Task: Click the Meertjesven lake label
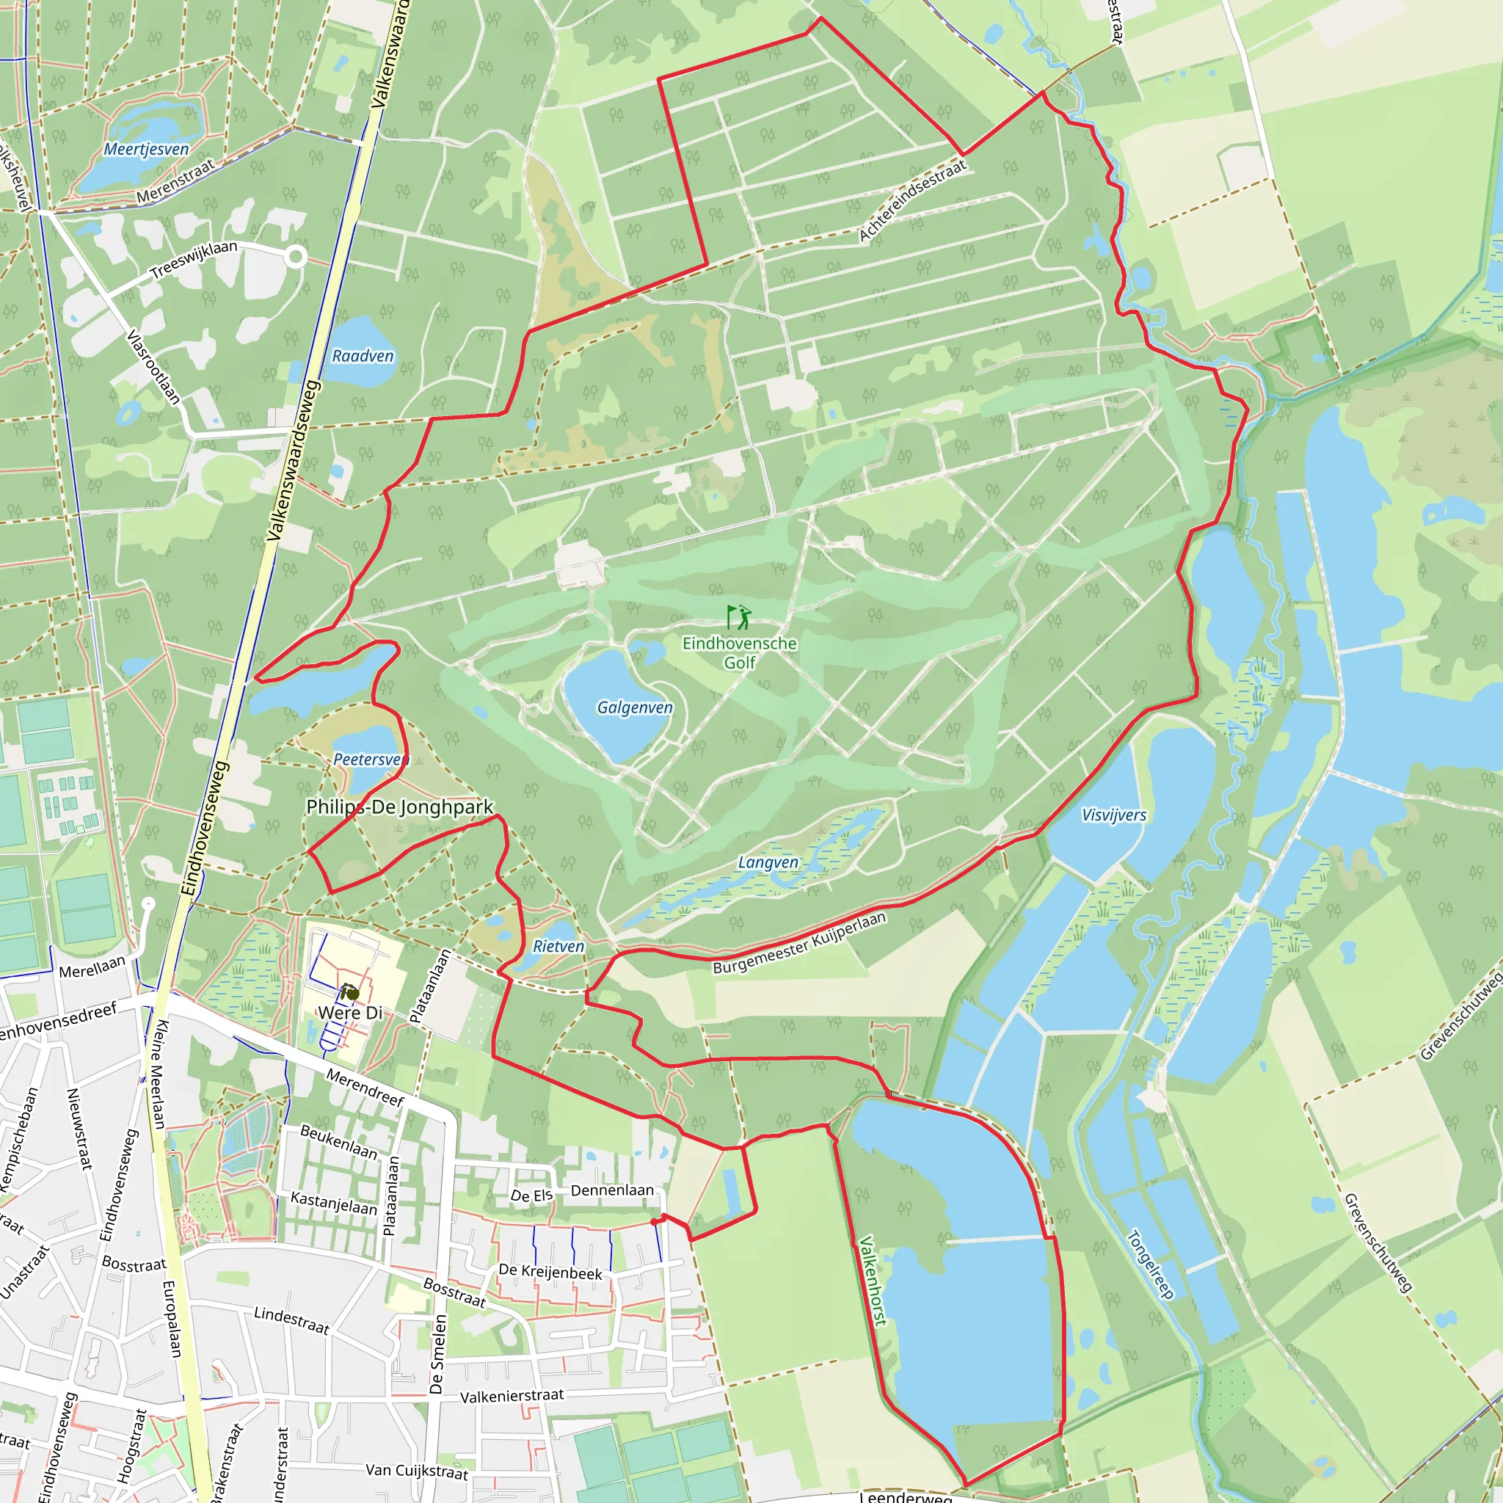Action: click(146, 148)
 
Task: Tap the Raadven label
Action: click(363, 356)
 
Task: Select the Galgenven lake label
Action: click(635, 707)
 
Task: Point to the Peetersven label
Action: click(371, 760)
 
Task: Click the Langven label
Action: click(768, 862)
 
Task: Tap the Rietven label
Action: click(558, 946)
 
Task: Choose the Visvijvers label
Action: click(1113, 815)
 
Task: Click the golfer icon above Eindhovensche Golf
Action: click(739, 616)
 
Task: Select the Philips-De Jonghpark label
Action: click(400, 807)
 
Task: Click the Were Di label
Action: click(350, 1013)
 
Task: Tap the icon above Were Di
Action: click(349, 992)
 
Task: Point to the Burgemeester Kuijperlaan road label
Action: click(799, 943)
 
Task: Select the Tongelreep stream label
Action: click(1150, 1264)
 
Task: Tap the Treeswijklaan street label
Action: click(194, 259)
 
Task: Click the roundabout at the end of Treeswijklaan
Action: click(296, 257)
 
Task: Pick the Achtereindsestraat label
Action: click(911, 200)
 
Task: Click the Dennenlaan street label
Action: click(612, 1190)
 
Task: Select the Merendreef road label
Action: click(365, 1088)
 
